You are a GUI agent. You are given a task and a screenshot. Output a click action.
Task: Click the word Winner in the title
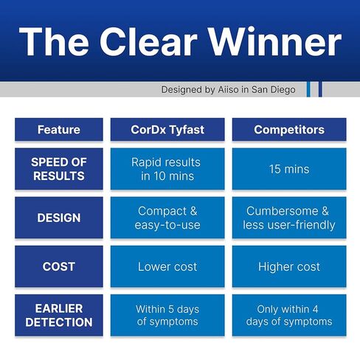[x=275, y=41]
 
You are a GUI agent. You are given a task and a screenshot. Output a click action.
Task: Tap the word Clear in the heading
[x=148, y=41]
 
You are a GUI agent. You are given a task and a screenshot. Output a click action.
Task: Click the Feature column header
[x=59, y=130]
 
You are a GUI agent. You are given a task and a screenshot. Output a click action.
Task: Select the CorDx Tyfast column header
[x=167, y=130]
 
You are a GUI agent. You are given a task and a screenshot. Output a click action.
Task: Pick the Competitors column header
[x=289, y=130]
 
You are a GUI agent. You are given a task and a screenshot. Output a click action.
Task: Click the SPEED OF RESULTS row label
[x=59, y=169]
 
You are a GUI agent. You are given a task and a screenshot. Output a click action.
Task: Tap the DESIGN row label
[x=59, y=218]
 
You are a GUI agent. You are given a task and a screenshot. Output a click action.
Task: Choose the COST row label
[x=59, y=266]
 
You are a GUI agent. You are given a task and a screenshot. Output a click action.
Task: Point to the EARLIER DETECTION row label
[x=59, y=315]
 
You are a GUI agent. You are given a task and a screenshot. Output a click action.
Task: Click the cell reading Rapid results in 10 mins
[x=167, y=169]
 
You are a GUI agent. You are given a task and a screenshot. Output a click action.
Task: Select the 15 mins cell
[x=289, y=169]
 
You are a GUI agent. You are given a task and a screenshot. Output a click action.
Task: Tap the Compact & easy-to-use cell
[x=167, y=218]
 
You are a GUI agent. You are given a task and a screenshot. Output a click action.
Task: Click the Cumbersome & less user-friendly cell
[x=289, y=218]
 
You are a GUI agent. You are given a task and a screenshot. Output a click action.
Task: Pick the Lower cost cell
[x=167, y=266]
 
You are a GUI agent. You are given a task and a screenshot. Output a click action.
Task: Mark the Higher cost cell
[x=289, y=266]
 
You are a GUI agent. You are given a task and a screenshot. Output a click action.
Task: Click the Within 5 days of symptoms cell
[x=167, y=315]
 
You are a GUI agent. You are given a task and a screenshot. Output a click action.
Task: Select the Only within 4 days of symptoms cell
[x=289, y=315]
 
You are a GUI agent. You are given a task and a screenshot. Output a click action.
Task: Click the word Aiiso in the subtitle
[x=228, y=89]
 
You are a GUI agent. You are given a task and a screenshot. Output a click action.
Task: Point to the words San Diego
[x=274, y=90]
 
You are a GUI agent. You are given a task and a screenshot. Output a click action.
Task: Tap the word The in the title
[x=54, y=41]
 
